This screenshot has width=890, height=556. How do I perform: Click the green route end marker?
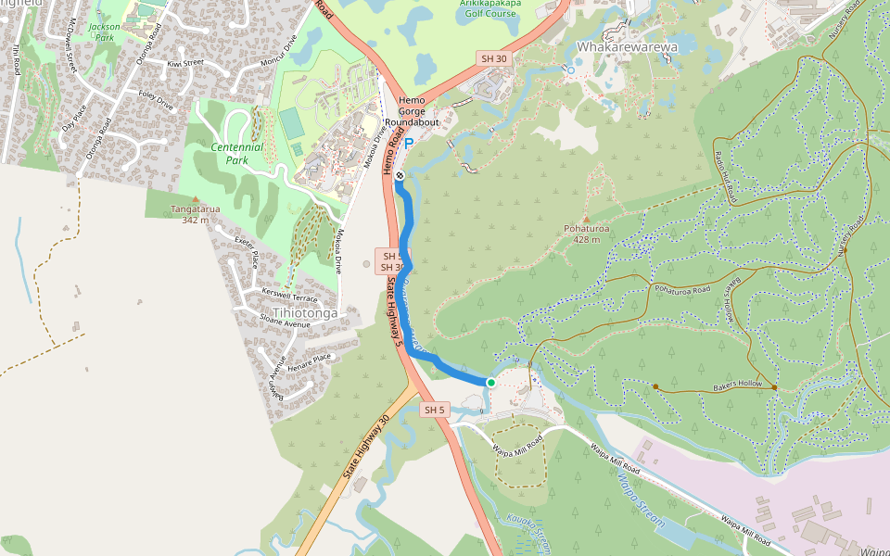pos(490,382)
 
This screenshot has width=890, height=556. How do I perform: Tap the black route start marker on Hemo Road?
pos(399,175)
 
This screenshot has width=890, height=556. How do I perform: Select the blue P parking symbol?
pos(408,145)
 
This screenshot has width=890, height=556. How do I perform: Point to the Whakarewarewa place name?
pos(627,45)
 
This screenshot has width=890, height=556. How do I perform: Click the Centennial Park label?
pos(236,153)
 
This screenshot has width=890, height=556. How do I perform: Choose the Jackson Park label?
pos(105,32)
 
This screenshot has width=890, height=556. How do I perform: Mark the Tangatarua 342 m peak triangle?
pos(195,199)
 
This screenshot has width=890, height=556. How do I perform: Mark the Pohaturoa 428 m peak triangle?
pos(585,219)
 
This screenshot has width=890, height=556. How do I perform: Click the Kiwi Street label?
pos(184,63)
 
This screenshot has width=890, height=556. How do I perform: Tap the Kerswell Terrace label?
pos(289,296)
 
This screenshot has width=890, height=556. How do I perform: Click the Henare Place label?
pos(309,360)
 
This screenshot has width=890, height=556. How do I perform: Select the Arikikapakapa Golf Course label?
pos(489,8)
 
